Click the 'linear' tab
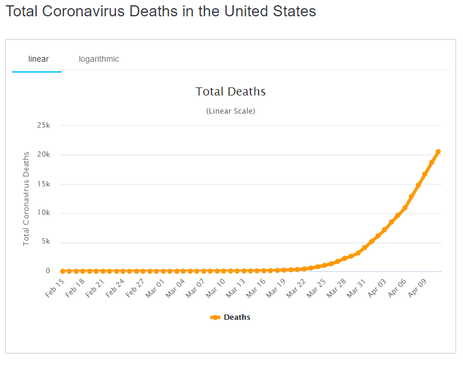click(38, 59)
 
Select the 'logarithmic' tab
click(99, 59)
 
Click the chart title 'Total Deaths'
click(231, 91)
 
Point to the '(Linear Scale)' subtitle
click(231, 111)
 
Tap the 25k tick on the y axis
click(44, 125)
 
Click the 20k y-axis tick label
click(44, 154)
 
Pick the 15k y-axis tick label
click(44, 183)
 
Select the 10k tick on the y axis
click(44, 213)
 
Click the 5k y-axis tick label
click(45, 242)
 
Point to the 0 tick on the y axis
click(47, 271)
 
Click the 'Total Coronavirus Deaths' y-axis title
click(26, 198)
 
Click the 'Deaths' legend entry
click(231, 317)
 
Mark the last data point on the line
click(438, 151)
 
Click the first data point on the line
click(63, 271)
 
